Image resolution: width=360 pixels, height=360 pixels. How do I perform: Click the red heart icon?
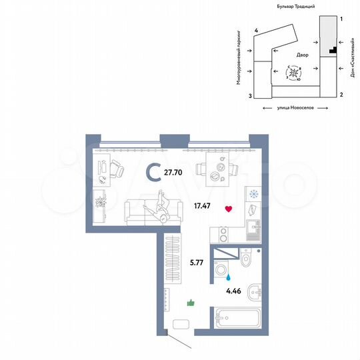click(229, 209)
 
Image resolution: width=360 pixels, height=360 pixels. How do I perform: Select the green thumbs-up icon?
click(191, 303)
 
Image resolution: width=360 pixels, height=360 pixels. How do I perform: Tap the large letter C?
click(153, 173)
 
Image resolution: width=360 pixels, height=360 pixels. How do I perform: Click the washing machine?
click(221, 269)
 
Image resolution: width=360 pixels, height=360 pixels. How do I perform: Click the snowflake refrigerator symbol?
click(253, 195)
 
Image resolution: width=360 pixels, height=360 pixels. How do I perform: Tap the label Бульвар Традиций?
click(297, 5)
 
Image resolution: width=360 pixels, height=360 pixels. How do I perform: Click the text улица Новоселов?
click(295, 108)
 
